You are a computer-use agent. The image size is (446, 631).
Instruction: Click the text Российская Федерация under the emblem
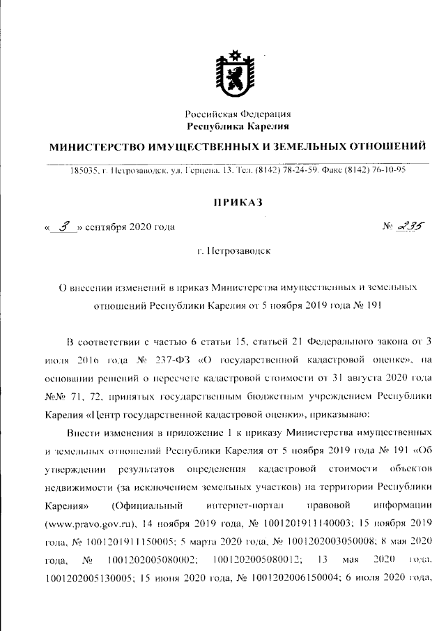pyautogui.click(x=238, y=114)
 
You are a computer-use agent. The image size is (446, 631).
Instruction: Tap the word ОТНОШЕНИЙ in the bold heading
pyautogui.click(x=385, y=146)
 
